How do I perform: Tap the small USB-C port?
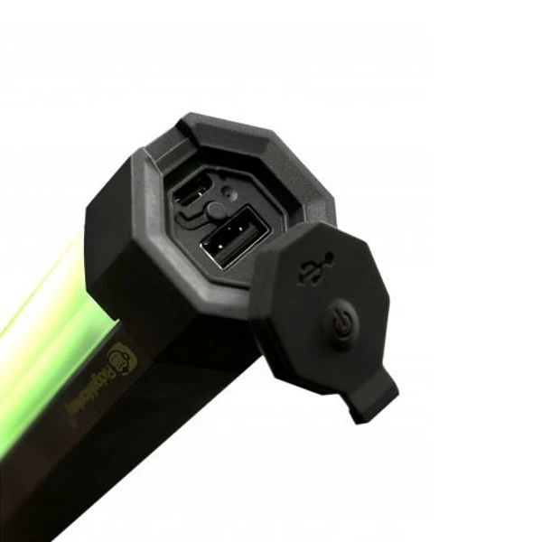coord(196,192)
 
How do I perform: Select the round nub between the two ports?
coord(215,210)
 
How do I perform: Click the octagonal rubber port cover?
coord(325,316)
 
